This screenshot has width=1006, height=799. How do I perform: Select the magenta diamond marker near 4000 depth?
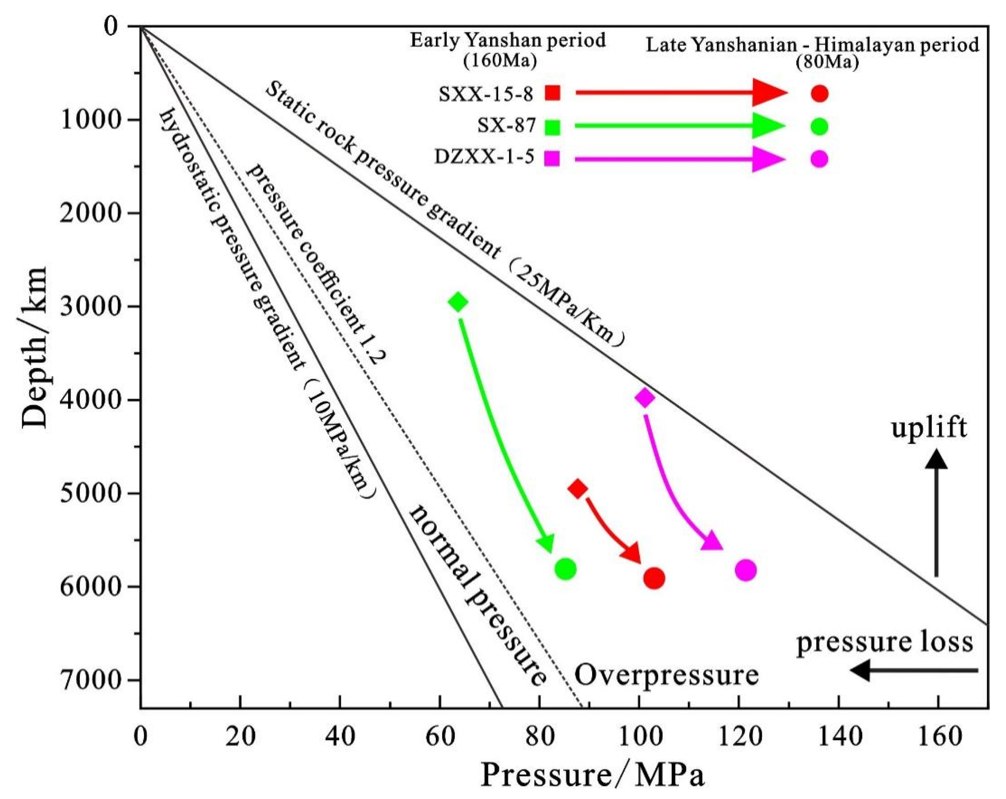coord(645,398)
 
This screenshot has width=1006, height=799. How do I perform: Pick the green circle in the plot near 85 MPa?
coord(566,569)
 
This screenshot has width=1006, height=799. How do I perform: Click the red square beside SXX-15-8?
coord(553,93)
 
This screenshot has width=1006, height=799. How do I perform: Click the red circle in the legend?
coord(819,94)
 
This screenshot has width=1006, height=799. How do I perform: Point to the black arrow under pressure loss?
coord(914,671)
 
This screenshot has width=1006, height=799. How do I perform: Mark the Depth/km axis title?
coord(35,347)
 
